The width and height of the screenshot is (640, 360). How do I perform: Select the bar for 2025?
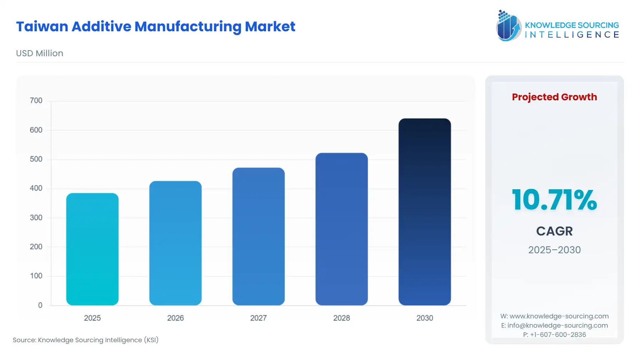tap(92, 249)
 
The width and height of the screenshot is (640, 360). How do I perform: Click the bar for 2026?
tap(175, 243)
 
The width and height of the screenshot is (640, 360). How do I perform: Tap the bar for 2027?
tap(258, 237)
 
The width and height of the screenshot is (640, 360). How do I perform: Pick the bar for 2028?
tap(341, 229)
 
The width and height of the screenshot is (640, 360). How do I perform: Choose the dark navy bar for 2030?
tap(425, 212)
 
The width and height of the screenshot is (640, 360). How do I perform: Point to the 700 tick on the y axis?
tap(36, 101)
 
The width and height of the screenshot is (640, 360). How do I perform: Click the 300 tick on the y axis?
tap(36, 217)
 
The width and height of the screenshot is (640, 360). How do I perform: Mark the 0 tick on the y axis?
tap(40, 305)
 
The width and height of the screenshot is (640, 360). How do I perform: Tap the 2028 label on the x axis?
tap(341, 318)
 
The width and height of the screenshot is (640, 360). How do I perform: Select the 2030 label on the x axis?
tap(425, 318)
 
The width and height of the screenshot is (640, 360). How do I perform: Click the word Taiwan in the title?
tap(42, 27)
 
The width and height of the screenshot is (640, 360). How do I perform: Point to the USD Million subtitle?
tap(39, 53)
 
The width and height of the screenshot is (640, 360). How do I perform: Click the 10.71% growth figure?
tap(554, 200)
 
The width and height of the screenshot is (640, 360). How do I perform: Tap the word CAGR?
tap(554, 231)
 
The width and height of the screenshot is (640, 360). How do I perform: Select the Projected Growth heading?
tap(554, 97)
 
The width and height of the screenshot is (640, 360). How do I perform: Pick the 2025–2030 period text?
tap(554, 250)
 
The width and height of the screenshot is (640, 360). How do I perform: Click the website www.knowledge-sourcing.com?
tap(559, 316)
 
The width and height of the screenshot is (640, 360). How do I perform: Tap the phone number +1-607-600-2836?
tap(558, 335)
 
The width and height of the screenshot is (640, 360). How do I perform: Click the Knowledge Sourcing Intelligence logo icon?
tap(508, 26)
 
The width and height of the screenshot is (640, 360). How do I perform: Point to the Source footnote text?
tap(86, 340)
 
